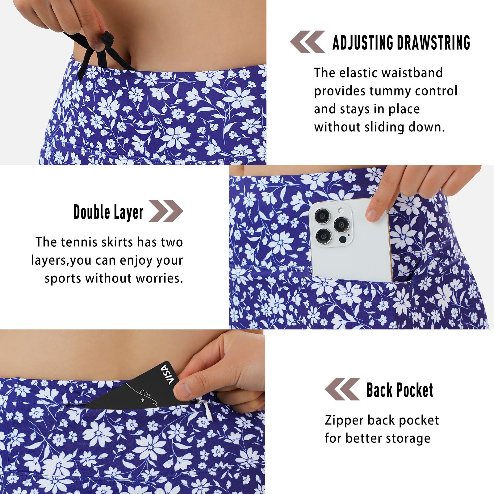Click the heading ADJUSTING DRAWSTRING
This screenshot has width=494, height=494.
pos(401,43)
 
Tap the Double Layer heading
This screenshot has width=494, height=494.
pos(108,212)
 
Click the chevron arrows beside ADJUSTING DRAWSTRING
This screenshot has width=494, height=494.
pos(308,42)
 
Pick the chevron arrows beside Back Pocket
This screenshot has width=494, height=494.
pos(342,389)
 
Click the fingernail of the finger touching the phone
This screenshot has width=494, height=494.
pos(372,214)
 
